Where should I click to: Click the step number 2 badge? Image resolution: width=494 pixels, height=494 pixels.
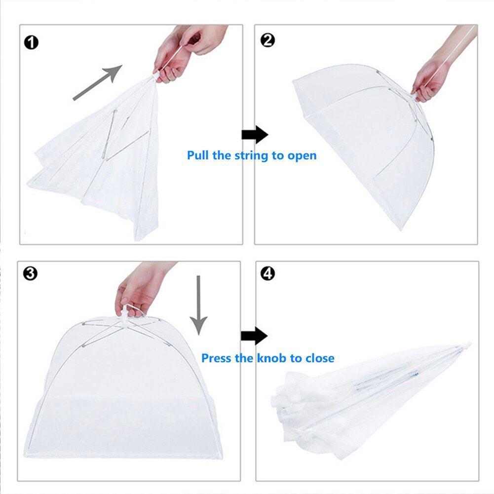(267, 40)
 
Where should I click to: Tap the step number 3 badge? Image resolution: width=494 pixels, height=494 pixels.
(30, 273)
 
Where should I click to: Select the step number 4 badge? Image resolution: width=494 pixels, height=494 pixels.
(267, 273)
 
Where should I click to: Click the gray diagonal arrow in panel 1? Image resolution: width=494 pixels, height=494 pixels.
(97, 82)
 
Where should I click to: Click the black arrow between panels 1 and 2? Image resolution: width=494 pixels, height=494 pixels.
(254, 134)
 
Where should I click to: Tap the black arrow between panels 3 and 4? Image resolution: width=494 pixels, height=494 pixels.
(254, 337)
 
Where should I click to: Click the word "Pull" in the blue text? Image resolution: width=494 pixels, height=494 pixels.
(198, 155)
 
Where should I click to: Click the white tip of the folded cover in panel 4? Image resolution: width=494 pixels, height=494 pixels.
(467, 344)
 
